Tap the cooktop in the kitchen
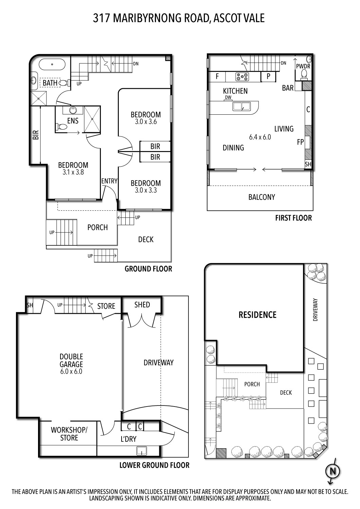(x=242, y=77)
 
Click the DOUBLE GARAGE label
(x=71, y=360)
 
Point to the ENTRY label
(x=109, y=181)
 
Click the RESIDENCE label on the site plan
(x=257, y=315)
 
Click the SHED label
(x=142, y=305)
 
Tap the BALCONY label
(x=262, y=197)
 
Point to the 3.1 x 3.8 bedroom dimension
(x=73, y=172)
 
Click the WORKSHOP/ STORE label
(x=69, y=434)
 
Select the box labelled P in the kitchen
(x=268, y=77)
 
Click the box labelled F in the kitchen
(x=217, y=77)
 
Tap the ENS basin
(x=73, y=110)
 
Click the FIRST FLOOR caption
(x=293, y=218)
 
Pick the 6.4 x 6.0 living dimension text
(x=260, y=137)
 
